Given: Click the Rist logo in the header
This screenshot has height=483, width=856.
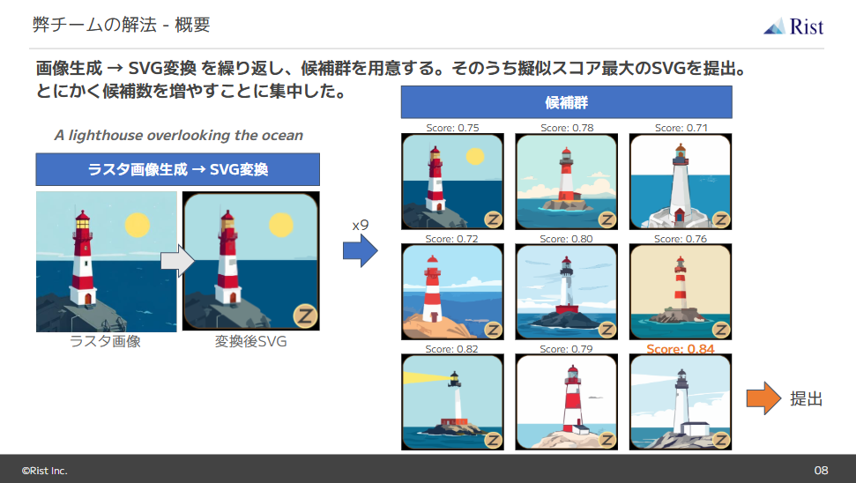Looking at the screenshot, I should click(x=793, y=26).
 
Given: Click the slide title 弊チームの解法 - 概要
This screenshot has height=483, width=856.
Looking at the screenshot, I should click(x=122, y=24).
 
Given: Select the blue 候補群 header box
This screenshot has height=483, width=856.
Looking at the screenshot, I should click(x=566, y=102).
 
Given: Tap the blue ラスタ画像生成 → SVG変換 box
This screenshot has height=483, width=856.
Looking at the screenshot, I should click(x=177, y=169).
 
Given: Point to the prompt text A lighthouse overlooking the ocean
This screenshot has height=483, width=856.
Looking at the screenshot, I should click(x=178, y=136).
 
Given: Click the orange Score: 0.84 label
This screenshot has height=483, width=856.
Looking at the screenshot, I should click(x=680, y=349).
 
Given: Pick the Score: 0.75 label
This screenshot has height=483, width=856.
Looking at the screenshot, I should click(x=452, y=128).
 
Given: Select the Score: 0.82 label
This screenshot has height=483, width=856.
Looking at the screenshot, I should click(x=452, y=349).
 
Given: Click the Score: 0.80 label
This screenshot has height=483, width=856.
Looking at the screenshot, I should click(x=566, y=239).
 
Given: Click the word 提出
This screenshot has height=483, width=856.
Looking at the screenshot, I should click(x=806, y=399).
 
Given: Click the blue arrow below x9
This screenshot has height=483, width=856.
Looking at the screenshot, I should click(x=360, y=252).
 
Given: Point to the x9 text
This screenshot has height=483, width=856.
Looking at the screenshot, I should click(x=360, y=226).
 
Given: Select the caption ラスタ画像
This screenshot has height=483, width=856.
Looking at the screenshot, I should click(x=105, y=342).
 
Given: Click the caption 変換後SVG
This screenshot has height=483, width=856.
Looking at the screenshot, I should click(x=250, y=342).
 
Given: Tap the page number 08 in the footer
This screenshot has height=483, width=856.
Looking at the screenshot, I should click(x=821, y=470).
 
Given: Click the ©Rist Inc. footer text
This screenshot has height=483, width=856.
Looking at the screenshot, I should click(x=44, y=470).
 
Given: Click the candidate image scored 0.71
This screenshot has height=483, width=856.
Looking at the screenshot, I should click(x=680, y=182).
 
